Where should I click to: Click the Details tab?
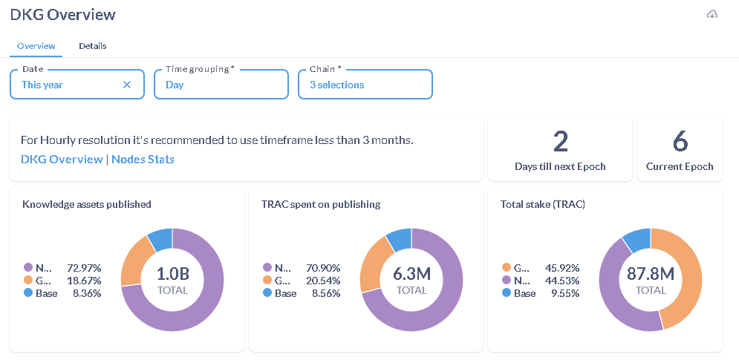tap(92, 46)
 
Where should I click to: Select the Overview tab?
tap(36, 46)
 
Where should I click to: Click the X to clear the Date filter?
tap(127, 85)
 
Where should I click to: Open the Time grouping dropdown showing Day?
tap(221, 85)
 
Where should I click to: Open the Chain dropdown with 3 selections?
tap(365, 85)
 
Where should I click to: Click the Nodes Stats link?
tap(143, 159)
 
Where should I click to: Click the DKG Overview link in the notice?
tap(62, 159)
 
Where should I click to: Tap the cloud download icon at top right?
tap(712, 15)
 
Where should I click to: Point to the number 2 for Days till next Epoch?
tap(560, 141)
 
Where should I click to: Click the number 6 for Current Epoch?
tap(680, 141)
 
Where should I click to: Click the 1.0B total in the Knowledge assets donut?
tap(172, 274)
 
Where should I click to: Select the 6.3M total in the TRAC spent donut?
tap(411, 274)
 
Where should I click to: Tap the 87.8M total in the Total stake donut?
tap(651, 274)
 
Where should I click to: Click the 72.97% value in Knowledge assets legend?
tap(84, 267)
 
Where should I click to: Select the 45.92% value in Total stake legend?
tap(562, 267)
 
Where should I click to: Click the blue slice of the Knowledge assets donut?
tap(160, 239)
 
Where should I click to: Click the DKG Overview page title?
tap(62, 14)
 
